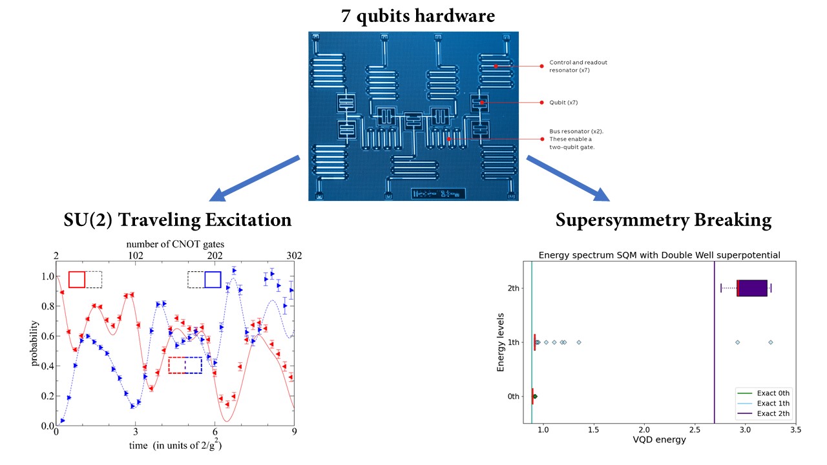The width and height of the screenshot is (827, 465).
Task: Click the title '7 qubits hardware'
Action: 418,15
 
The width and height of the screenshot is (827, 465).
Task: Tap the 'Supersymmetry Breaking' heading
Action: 664,220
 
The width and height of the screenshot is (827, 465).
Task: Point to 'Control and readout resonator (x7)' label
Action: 578,66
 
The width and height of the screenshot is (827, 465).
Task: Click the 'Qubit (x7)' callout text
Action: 563,102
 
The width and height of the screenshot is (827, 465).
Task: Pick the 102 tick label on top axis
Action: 136,255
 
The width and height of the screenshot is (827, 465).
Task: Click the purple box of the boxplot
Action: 752,288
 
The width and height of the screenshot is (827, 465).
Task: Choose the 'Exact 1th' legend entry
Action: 773,403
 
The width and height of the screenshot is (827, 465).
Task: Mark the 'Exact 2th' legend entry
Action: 773,413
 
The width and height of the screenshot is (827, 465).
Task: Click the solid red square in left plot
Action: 77,279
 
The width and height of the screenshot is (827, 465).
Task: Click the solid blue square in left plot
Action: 213,279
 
